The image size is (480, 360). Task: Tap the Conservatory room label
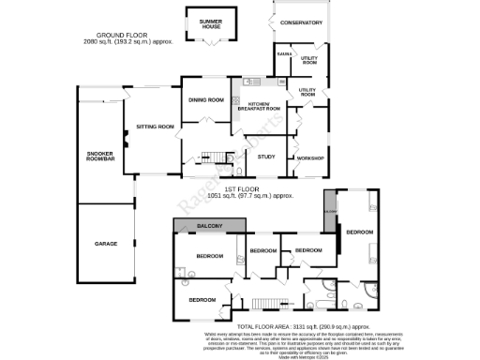pyautogui.click(x=301, y=22)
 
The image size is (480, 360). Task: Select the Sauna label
pyautogui.click(x=283, y=54)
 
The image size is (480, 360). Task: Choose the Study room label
pyautogui.click(x=266, y=157)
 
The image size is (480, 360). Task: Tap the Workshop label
pyautogui.click(x=309, y=157)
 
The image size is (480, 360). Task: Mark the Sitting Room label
pyautogui.click(x=155, y=126)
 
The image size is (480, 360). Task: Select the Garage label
pyautogui.click(x=105, y=243)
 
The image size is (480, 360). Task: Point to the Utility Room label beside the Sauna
pyautogui.click(x=309, y=61)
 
